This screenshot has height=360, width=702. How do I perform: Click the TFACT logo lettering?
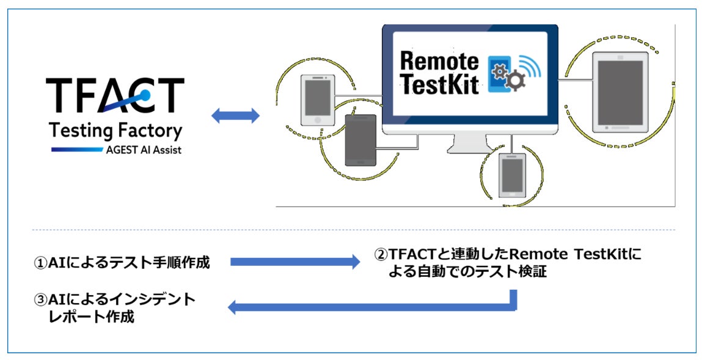pos(115,97)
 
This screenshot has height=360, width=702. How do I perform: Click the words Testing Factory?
pos(115,130)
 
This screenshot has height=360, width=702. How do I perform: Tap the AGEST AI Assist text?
pos(142,150)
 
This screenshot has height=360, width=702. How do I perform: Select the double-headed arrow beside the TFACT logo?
pos(235,116)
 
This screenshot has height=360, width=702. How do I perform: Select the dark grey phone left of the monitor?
pos(360,140)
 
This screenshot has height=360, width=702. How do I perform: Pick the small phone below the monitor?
pos(512,175)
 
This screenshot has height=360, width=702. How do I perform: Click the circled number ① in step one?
pos(40,263)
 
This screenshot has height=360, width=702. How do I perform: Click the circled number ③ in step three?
pos(40,300)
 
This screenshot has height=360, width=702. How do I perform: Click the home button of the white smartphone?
pos(318,120)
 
